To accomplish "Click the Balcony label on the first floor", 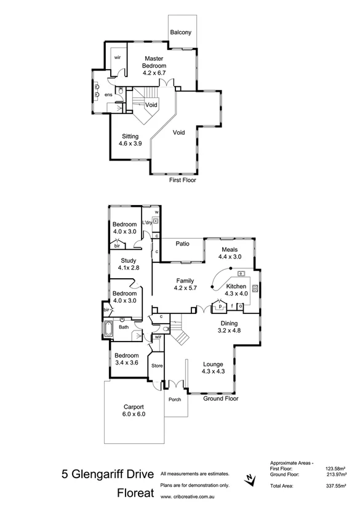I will pos(181,32).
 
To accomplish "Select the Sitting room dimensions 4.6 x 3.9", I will pos(130,144).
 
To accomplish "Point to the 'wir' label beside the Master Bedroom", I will pos(117,57).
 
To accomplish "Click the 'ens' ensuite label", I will pos(108,95).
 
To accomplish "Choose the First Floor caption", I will pos(182,181).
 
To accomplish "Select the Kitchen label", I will pos(236,287).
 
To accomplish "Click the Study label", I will pos(129,260).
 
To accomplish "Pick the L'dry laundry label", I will pos(148,222).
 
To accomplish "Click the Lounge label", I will pos(213,364).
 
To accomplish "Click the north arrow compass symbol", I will pos(248,478).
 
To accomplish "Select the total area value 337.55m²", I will pos(337,486).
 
